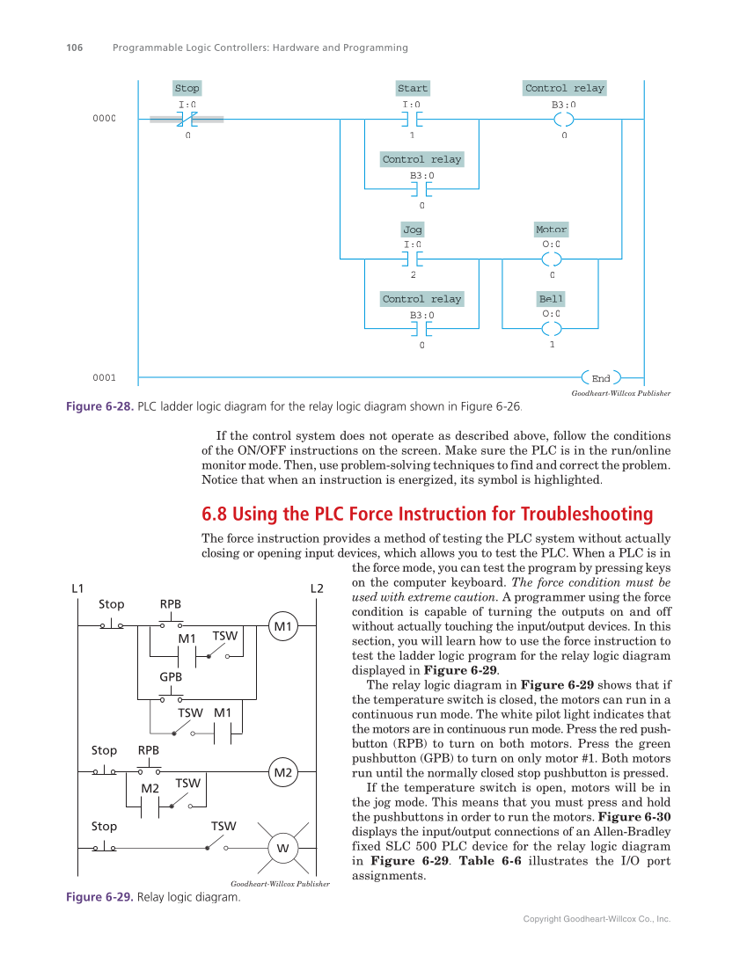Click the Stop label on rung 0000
click(187, 88)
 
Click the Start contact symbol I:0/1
click(412, 119)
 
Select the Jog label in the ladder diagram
click(412, 230)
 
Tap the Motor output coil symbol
click(552, 259)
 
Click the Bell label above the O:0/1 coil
click(552, 299)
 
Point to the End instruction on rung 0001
click(601, 378)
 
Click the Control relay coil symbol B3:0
click(564, 119)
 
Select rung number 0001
click(104, 378)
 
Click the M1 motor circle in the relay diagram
click(282, 626)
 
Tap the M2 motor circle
click(282, 773)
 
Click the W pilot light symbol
click(282, 848)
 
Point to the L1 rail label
click(77, 587)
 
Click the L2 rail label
click(317, 587)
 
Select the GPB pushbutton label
click(170, 678)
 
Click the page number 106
click(75, 47)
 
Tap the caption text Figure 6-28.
click(99, 407)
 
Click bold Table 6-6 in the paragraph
click(491, 860)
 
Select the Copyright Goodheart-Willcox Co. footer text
click(597, 918)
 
